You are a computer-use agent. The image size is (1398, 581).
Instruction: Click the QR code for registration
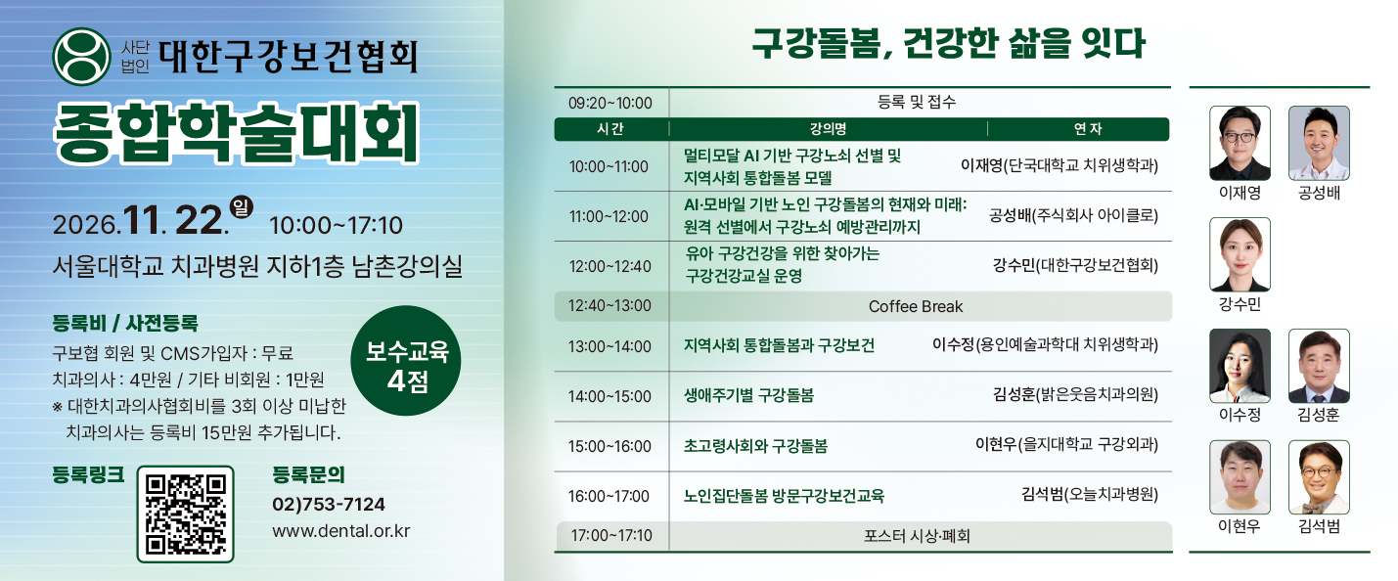point(185,514)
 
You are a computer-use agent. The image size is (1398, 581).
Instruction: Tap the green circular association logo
point(82,57)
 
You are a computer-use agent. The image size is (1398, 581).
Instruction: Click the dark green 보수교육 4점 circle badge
point(406,361)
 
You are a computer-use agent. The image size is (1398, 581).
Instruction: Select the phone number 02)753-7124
point(329,505)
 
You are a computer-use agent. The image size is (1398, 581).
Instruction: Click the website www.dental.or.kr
point(340,531)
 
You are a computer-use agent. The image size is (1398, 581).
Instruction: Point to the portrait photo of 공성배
point(1319,143)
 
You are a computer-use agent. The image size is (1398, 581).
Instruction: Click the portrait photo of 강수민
point(1240,254)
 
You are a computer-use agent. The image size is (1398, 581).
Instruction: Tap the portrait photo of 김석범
point(1319,477)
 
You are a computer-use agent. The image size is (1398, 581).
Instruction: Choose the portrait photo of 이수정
point(1240,366)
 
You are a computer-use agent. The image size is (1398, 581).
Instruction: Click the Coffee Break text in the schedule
point(916,306)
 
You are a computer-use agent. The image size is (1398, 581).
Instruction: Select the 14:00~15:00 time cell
point(609,396)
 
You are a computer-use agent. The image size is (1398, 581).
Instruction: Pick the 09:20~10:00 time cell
point(609,103)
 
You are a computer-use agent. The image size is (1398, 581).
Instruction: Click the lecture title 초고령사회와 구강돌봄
point(755,446)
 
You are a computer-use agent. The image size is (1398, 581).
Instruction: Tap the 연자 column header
point(1088,129)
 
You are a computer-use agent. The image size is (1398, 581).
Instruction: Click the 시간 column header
point(609,129)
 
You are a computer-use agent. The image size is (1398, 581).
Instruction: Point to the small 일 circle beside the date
point(241,207)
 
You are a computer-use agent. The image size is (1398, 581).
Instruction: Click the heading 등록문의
point(308,475)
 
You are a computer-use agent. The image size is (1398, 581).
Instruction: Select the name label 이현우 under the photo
point(1240,526)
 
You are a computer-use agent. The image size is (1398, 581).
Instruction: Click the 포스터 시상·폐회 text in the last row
point(917,536)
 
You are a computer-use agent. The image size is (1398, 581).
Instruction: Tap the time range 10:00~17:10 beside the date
point(336,225)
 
